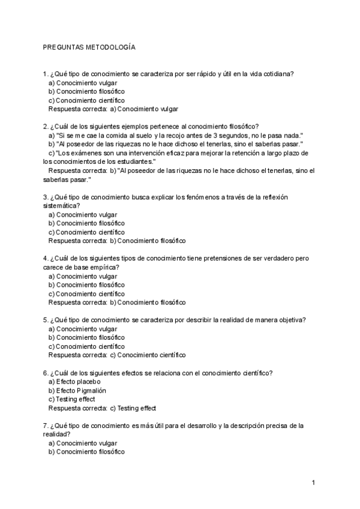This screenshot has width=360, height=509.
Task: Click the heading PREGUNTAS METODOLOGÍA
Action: click(x=89, y=46)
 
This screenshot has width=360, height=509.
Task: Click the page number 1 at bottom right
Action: click(x=313, y=482)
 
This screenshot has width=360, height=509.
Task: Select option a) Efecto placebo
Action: click(x=74, y=381)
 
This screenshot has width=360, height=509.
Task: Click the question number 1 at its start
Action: click(x=45, y=74)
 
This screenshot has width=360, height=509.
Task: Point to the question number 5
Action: click(x=45, y=320)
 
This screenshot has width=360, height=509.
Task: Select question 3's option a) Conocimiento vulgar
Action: click(x=83, y=214)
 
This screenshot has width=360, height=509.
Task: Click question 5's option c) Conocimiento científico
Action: click(x=86, y=346)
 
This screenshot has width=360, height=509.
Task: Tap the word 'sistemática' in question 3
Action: click(x=61, y=205)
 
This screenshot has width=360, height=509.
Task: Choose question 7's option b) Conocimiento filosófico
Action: click(x=86, y=452)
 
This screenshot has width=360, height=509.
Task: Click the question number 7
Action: click(x=45, y=426)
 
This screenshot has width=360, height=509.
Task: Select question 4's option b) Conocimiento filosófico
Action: click(x=86, y=285)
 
